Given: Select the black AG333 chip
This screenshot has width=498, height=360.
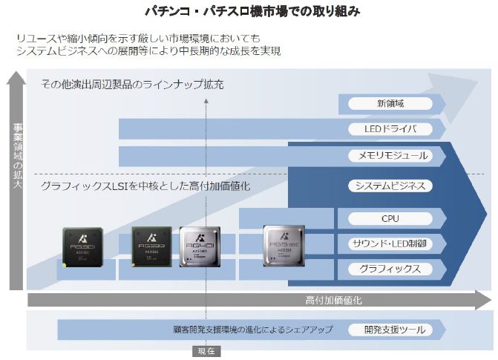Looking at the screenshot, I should [151, 246].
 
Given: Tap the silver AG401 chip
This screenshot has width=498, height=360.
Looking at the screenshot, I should [200, 246].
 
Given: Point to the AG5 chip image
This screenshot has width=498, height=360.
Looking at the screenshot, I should [284, 246].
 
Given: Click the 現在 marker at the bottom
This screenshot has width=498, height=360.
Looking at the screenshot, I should [206, 352].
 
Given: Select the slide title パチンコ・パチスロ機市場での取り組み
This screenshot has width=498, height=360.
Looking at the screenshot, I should [248, 12].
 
